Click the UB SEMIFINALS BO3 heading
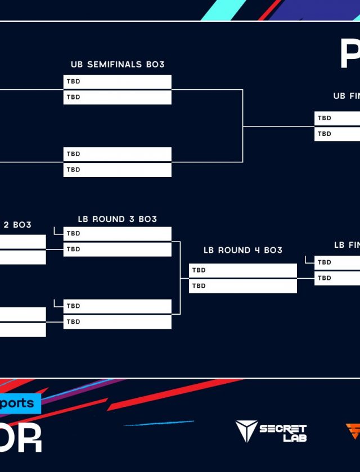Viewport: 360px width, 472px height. (x=118, y=65)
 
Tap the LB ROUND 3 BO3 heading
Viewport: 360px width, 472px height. (x=118, y=219)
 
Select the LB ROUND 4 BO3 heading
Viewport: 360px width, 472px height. (x=243, y=250)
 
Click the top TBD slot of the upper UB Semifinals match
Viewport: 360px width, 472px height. (x=117, y=81)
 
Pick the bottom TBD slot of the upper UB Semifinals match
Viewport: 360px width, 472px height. (x=117, y=97)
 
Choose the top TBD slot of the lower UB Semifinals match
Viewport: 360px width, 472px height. (x=117, y=154)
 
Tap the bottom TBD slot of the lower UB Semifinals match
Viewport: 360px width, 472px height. (x=117, y=170)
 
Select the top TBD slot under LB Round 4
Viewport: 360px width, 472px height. (x=242, y=270)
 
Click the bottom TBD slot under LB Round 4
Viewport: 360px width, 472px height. (x=242, y=286)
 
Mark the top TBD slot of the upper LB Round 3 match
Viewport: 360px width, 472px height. (x=117, y=234)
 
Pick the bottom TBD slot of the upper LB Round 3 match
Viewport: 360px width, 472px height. (x=117, y=249)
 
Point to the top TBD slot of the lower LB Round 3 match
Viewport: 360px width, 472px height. (x=117, y=306)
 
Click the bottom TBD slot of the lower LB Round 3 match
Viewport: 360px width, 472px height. (x=117, y=322)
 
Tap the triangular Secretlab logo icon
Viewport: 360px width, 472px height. (x=246, y=431)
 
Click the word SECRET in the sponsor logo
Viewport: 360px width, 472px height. (x=283, y=429)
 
